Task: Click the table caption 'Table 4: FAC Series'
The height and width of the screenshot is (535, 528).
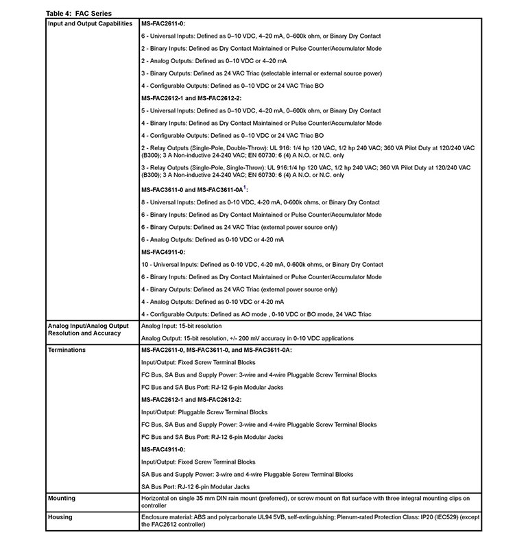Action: pyautogui.click(x=78, y=14)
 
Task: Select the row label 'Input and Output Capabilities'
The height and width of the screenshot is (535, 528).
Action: pyautogui.click(x=90, y=23)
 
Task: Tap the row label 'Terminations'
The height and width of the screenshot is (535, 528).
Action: pyautogui.click(x=67, y=350)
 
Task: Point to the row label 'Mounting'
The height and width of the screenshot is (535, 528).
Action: pyautogui.click(x=62, y=498)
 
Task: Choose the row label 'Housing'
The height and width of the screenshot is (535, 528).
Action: pyautogui.click(x=60, y=517)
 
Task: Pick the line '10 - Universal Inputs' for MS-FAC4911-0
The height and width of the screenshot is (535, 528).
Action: pyautogui.click(x=262, y=265)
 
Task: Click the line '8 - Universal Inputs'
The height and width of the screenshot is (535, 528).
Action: pyautogui.click(x=260, y=203)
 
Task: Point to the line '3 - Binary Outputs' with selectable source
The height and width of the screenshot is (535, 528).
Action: pyautogui.click(x=271, y=73)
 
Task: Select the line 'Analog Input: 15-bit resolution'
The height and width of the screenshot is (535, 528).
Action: pyautogui.click(x=181, y=326)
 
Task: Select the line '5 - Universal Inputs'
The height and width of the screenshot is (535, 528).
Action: pyautogui.click(x=261, y=110)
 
